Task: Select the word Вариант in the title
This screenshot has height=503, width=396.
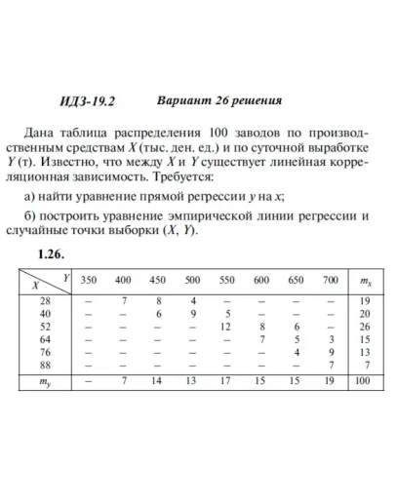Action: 180,99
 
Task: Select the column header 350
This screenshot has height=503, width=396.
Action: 89,280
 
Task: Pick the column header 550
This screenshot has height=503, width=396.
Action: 226,280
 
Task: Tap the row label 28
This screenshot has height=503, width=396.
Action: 44,301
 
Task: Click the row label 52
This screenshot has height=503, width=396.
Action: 44,327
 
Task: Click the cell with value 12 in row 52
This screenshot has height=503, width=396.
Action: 226,327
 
